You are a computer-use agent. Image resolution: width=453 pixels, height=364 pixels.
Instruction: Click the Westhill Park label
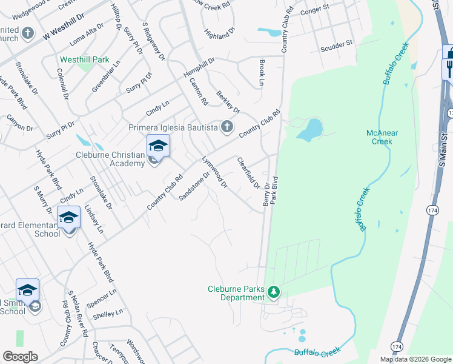coord(85,60)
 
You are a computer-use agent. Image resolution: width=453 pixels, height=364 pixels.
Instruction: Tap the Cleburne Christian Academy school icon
coord(158,146)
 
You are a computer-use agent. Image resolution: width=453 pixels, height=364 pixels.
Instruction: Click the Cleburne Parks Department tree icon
coord(274,293)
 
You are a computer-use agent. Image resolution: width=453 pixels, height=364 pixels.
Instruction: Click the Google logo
coord(21,357)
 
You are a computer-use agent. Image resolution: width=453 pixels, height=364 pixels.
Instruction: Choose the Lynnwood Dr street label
coord(214,172)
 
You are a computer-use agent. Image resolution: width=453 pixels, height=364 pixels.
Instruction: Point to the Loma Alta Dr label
coord(87,32)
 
